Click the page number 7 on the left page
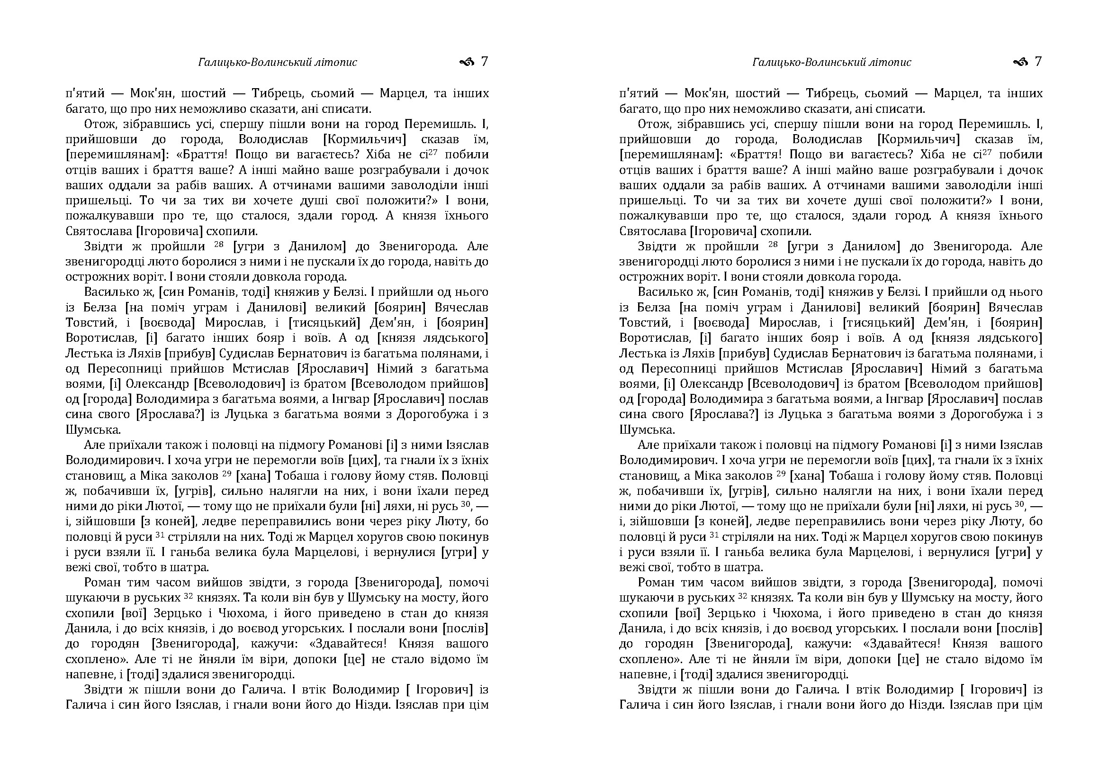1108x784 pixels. tap(485, 62)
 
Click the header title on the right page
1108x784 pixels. tap(831, 62)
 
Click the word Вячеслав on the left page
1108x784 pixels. tap(461, 308)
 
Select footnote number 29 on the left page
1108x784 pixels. tap(227, 474)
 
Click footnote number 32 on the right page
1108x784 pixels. tap(743, 596)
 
